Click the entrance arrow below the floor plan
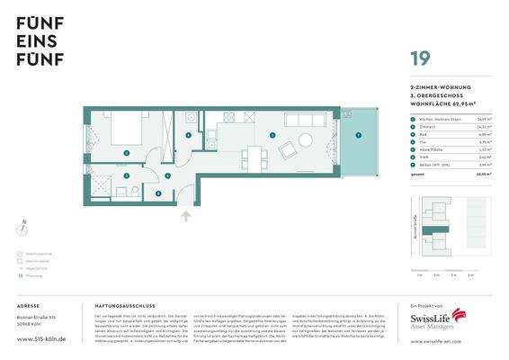pyautogui.click(x=186, y=216)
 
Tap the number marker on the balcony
pyautogui.click(x=358, y=135)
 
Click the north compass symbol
pyautogui.click(x=24, y=228)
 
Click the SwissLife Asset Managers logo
pyautogui.click(x=437, y=321)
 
